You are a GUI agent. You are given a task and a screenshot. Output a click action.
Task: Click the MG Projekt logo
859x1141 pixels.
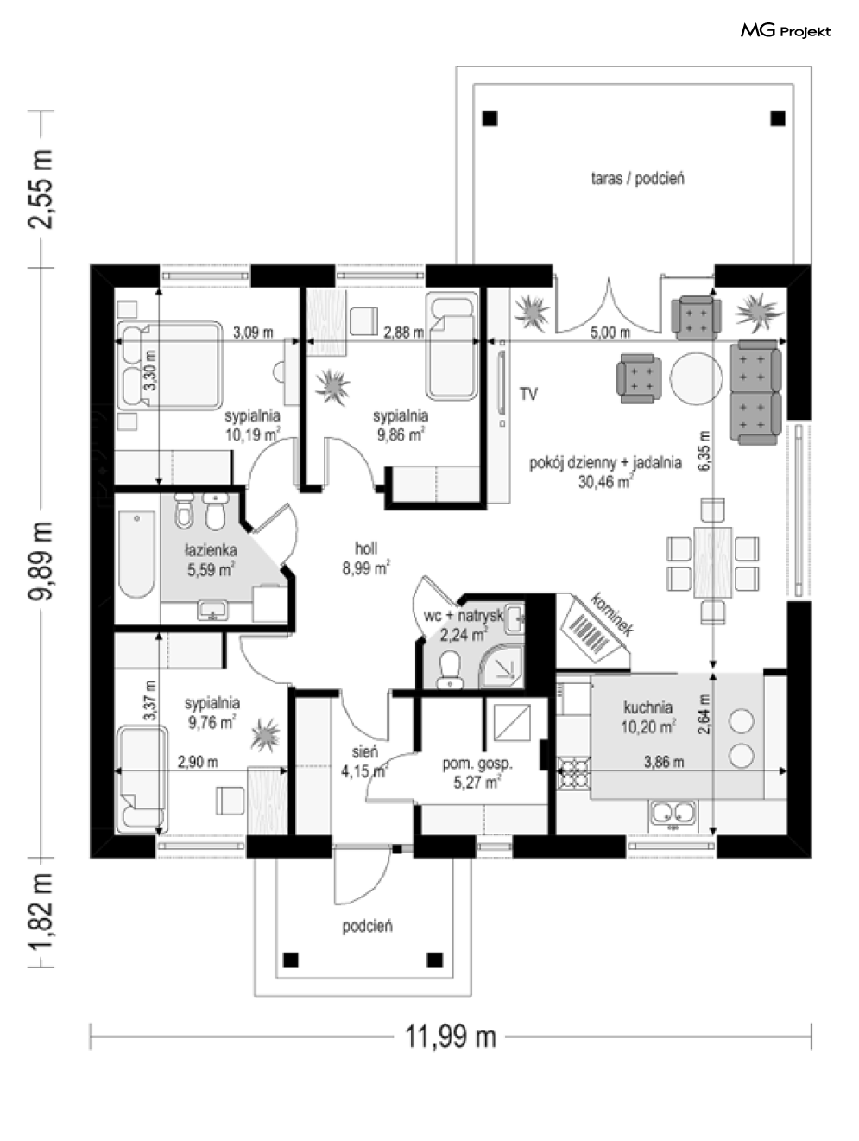(x=785, y=31)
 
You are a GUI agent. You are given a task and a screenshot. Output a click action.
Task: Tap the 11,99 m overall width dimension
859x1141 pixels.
(x=451, y=1035)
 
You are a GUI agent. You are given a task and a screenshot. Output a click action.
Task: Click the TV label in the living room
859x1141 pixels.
(x=528, y=395)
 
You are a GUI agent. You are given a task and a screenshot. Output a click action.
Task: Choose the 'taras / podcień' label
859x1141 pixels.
(x=637, y=179)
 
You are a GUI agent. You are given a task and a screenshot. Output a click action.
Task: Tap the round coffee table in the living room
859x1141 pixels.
(x=694, y=377)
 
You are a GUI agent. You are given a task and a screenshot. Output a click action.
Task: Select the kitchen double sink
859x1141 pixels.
(x=673, y=813)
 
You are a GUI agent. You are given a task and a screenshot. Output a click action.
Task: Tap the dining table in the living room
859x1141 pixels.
(x=712, y=561)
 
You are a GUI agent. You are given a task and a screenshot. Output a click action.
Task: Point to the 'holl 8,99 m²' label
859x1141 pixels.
(x=365, y=558)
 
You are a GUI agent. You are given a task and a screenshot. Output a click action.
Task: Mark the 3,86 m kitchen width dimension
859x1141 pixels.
(x=663, y=762)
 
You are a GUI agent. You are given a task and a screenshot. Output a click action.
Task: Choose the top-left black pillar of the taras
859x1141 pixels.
(x=490, y=118)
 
